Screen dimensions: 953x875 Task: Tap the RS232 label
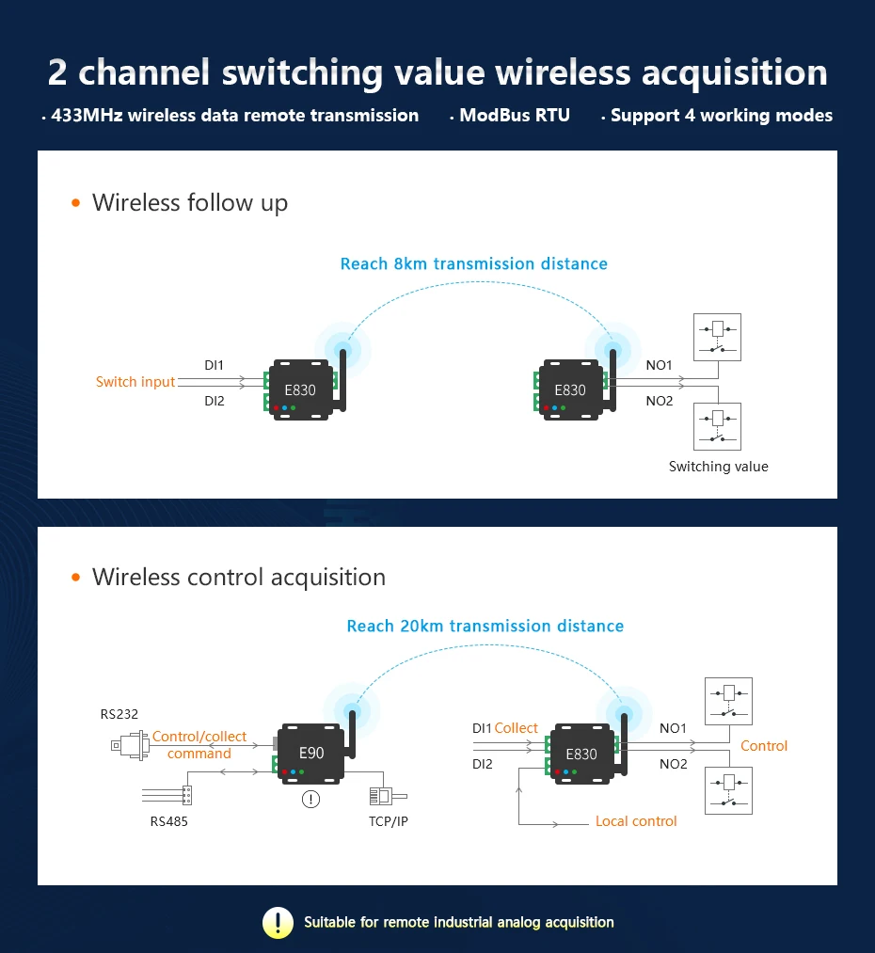pyautogui.click(x=119, y=714)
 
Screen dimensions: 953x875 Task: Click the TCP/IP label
pyautogui.click(x=389, y=821)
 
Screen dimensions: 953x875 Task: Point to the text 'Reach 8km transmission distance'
pyautogui.click(x=473, y=263)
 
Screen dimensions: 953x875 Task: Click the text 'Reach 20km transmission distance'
pyautogui.click(x=485, y=626)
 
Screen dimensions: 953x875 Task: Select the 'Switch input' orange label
pyautogui.click(x=135, y=382)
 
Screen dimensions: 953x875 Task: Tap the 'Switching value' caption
pyautogui.click(x=718, y=467)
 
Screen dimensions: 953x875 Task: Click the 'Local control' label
pyautogui.click(x=636, y=821)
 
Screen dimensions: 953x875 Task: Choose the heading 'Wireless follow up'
pyautogui.click(x=189, y=203)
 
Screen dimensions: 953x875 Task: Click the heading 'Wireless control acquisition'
pyautogui.click(x=238, y=577)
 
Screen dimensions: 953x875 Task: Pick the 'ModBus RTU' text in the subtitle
pyautogui.click(x=514, y=116)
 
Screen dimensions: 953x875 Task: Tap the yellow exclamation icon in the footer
pyautogui.click(x=278, y=922)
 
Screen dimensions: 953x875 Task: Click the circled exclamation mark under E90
pyautogui.click(x=310, y=800)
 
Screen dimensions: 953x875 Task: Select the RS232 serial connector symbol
pyautogui.click(x=129, y=745)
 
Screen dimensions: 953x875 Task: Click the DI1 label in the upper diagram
pyautogui.click(x=215, y=365)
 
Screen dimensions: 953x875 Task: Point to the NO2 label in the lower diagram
pyautogui.click(x=673, y=764)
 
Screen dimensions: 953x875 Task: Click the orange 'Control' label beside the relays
pyautogui.click(x=763, y=746)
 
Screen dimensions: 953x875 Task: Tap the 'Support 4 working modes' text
pyautogui.click(x=721, y=116)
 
